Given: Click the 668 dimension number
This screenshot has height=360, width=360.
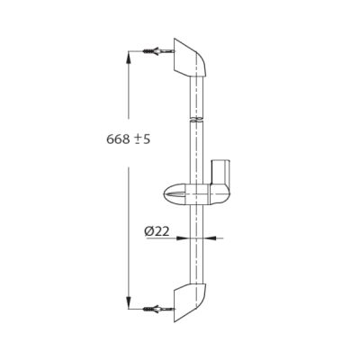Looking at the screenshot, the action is [x=118, y=139].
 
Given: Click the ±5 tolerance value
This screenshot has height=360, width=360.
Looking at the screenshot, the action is [x=141, y=139].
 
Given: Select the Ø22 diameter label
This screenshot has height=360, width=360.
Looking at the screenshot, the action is [x=157, y=231].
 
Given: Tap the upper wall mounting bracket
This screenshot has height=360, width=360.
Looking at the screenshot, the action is [x=190, y=58].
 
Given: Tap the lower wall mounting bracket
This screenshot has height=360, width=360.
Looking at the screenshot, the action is [x=190, y=302].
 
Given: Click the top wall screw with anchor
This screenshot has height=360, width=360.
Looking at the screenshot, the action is [x=159, y=51].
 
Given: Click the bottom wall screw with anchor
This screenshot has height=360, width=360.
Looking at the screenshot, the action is [x=159, y=309].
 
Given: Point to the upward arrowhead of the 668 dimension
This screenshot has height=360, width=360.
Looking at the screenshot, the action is [x=129, y=57].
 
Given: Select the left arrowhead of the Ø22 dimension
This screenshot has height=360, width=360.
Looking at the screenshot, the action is [x=182, y=238].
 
